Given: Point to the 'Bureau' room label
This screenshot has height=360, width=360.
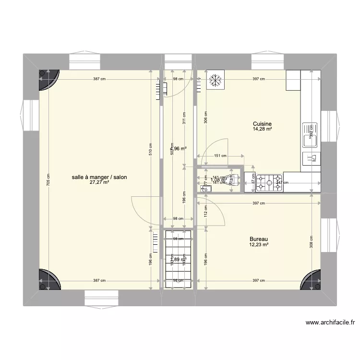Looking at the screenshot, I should coord(258,239).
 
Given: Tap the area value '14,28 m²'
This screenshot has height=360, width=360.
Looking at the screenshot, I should coord(263,129).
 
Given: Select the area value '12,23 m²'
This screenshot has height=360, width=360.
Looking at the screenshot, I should coord(258,245).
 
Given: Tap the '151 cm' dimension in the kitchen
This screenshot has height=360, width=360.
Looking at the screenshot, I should coord(220,156).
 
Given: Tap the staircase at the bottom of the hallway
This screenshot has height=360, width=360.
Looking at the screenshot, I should coord(178,259).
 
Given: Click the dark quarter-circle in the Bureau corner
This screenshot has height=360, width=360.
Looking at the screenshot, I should coord(311,280).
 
